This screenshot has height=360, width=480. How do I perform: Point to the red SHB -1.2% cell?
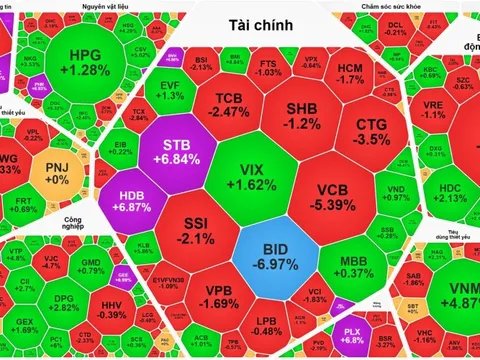[302, 115]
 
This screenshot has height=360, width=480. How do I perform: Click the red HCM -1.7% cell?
[350, 71]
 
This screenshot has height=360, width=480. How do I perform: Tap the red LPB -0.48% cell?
[267, 323]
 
